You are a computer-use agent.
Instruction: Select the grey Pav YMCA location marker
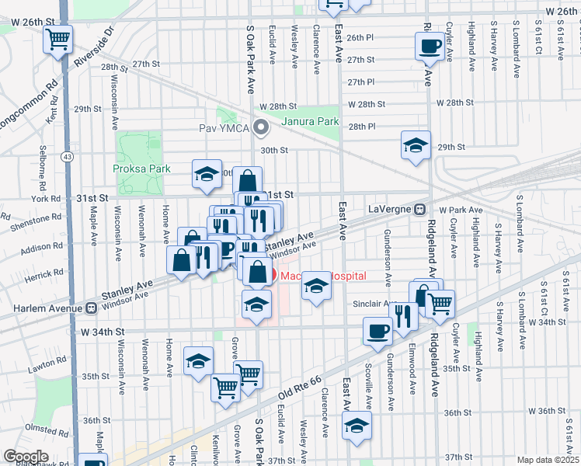pos(262,127)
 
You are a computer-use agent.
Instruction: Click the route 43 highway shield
pos(68,157)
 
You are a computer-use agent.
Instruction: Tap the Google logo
pos(26,456)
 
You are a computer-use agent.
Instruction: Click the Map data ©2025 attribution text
pos(548,460)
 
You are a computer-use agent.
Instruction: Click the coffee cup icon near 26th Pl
pos(430,46)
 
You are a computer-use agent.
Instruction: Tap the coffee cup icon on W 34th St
pos(377,331)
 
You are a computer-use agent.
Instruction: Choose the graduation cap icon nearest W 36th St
pos(357,426)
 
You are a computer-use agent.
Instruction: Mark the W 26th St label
pos(562,12)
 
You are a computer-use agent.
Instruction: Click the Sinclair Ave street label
pos(375,304)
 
